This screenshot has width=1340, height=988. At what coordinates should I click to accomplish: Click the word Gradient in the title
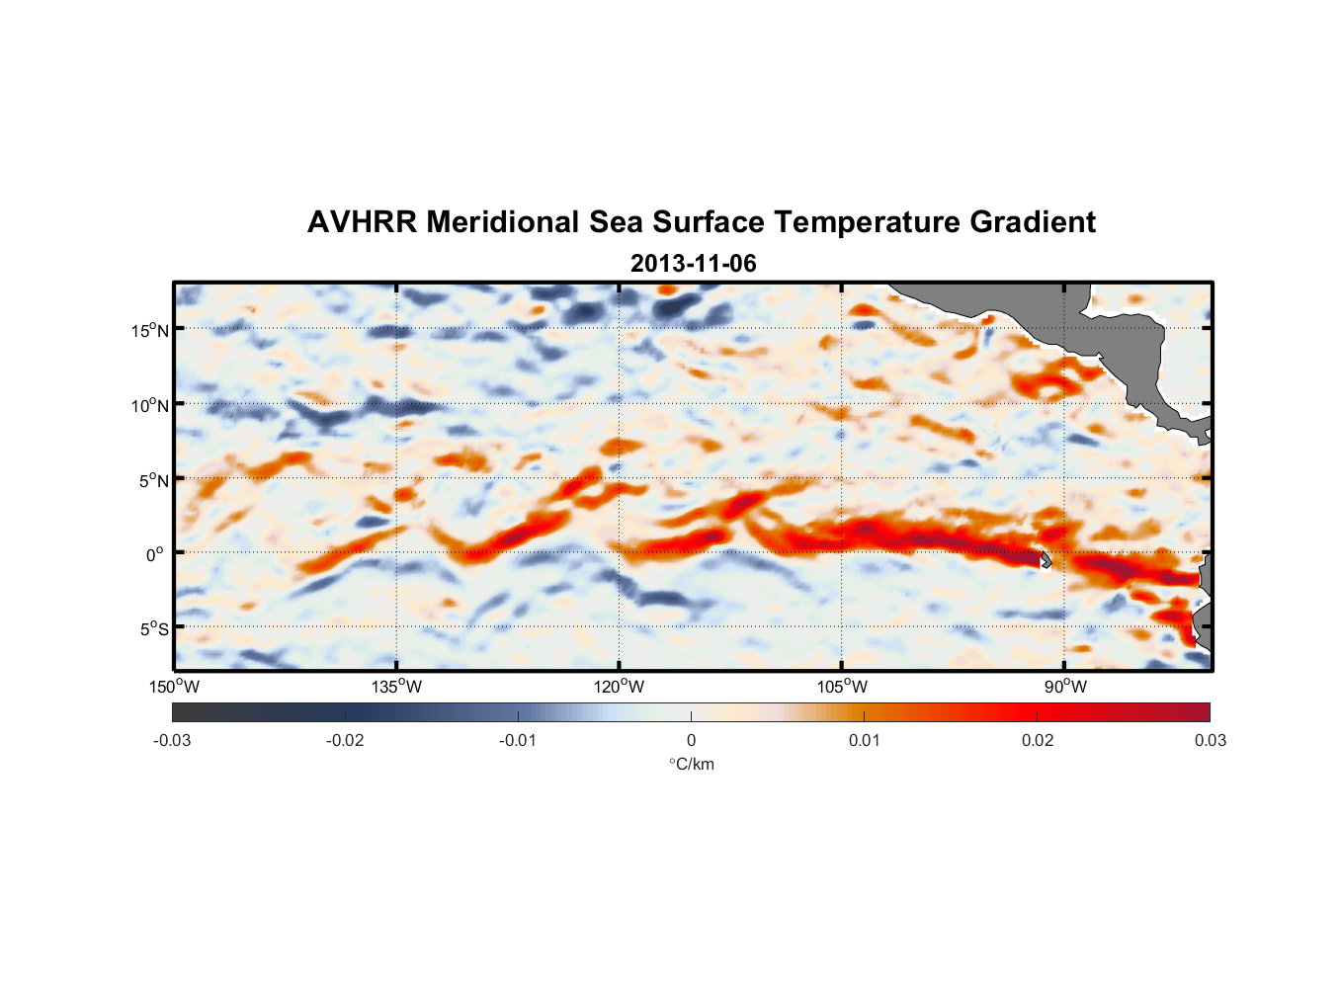point(1033,222)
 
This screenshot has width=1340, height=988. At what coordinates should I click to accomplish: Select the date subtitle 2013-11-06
point(693,264)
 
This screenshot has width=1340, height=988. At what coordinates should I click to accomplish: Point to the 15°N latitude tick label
point(150,330)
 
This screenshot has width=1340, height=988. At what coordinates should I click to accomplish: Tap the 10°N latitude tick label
point(150,405)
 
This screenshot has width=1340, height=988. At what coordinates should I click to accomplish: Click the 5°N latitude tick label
point(153,480)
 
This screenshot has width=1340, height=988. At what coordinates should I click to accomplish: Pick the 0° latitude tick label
point(155,554)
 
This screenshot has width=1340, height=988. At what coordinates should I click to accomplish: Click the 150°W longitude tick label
point(174,687)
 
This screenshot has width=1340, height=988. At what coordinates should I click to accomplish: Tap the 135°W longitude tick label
point(397,687)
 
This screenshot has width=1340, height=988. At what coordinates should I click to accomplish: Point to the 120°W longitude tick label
point(620,687)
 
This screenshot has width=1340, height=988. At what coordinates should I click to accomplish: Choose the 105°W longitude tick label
point(843,687)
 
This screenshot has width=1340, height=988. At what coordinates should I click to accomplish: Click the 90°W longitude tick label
point(1065,687)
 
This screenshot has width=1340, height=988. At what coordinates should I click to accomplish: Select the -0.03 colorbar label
point(172,741)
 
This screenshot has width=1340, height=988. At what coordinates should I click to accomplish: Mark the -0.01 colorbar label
point(518,741)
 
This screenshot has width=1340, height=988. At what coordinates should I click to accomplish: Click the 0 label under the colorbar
point(691,741)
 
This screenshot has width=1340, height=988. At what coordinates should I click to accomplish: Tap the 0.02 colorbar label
point(1038,741)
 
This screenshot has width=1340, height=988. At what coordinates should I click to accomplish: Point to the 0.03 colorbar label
point(1210,741)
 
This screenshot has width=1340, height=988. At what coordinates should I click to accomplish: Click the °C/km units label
point(691,764)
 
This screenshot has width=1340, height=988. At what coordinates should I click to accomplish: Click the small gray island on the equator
point(1045,559)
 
